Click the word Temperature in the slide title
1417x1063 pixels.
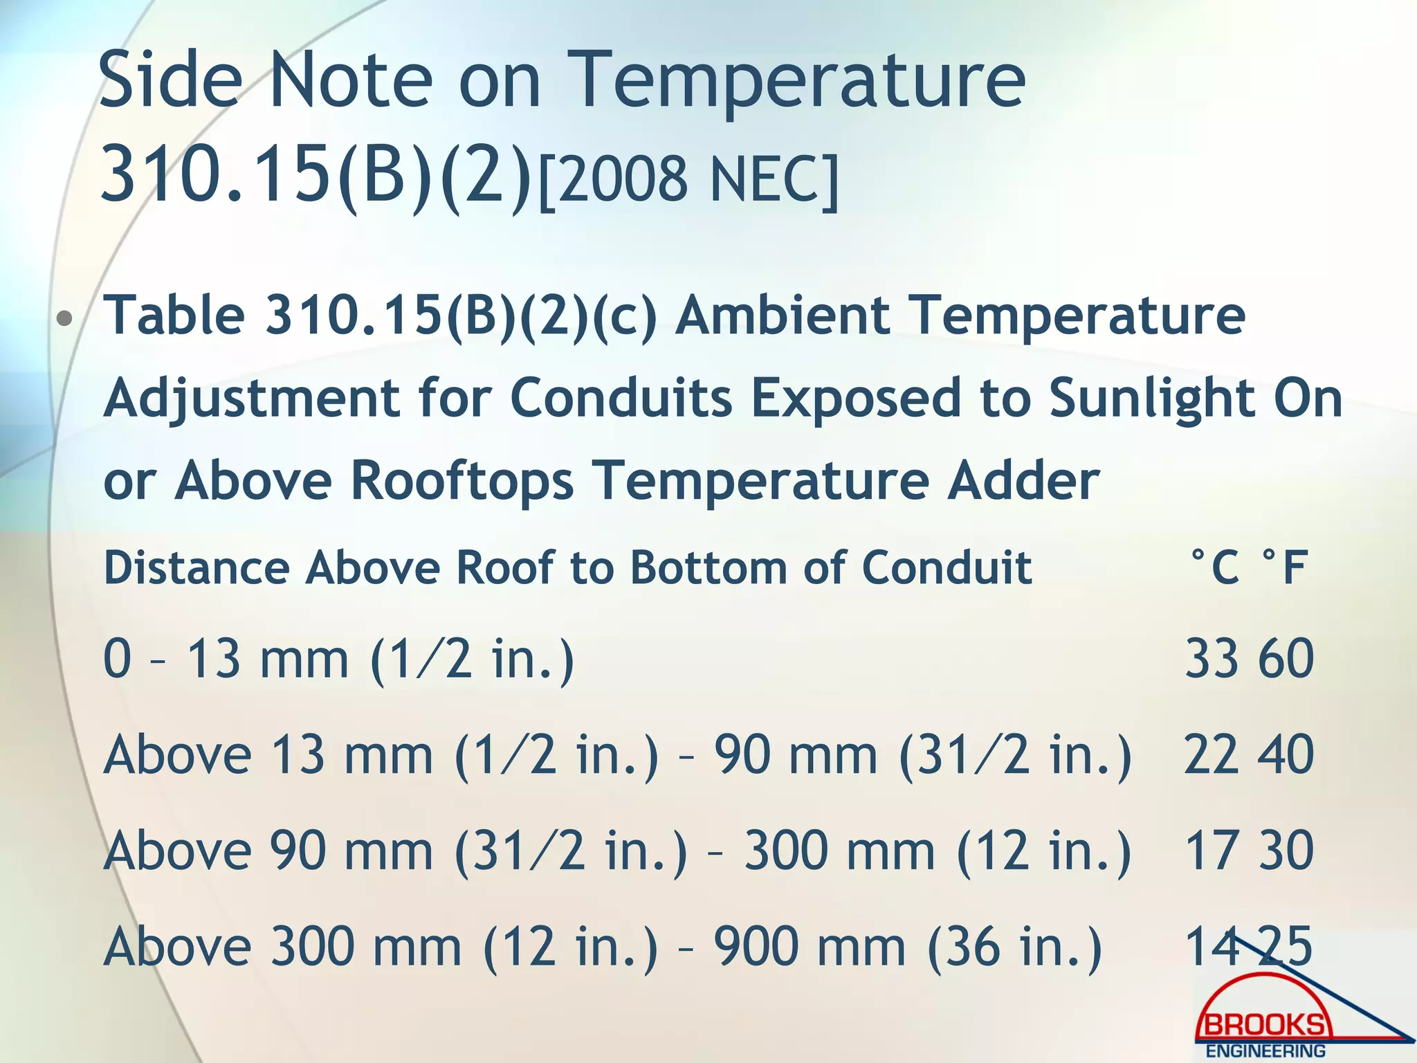tap(799, 81)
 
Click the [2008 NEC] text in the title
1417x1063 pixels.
tap(688, 179)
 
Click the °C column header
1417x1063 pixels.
tap(1214, 567)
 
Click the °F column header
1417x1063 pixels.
tap(1284, 567)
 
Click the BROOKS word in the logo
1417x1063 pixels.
tap(1265, 1025)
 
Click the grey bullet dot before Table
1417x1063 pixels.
tap(65, 319)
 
